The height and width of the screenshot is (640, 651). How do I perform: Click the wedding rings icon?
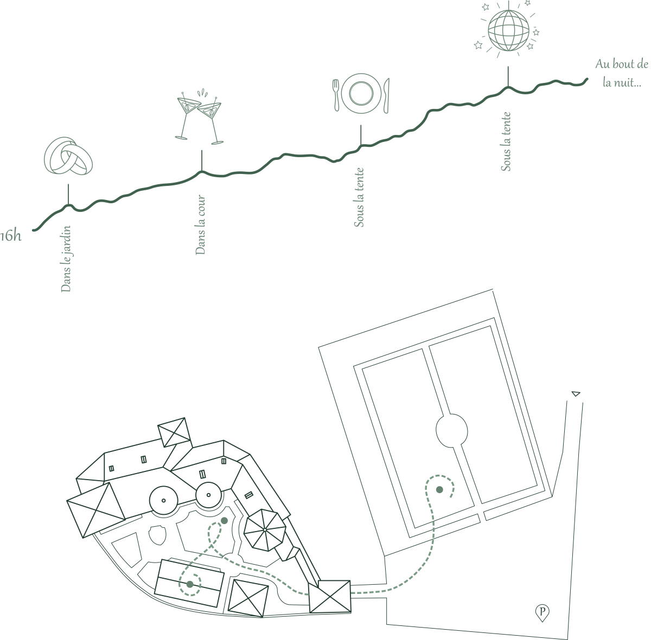click(68, 156)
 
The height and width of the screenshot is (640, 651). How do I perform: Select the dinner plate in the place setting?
click(361, 93)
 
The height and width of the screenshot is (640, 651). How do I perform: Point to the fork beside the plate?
click(336, 95)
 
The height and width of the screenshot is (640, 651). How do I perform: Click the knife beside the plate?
click(386, 95)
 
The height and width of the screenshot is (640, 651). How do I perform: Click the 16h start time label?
click(11, 236)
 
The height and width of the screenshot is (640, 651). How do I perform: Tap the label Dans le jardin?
click(66, 259)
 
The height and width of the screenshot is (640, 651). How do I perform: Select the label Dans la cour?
click(200, 224)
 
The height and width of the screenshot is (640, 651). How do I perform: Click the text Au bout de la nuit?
click(622, 73)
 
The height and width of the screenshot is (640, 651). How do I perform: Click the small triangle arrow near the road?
click(576, 393)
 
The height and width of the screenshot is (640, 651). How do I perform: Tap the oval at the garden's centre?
click(452, 431)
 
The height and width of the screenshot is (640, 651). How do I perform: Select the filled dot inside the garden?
click(439, 489)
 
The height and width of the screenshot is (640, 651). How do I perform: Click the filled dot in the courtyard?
click(224, 520)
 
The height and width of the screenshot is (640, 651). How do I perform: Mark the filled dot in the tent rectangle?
click(190, 584)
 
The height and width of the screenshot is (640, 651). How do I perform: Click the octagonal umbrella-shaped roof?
click(265, 530)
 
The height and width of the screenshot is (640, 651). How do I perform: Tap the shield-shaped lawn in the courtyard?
click(157, 535)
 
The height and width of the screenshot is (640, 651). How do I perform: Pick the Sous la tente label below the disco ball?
click(506, 142)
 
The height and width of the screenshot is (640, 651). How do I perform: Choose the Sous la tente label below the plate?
click(359, 197)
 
